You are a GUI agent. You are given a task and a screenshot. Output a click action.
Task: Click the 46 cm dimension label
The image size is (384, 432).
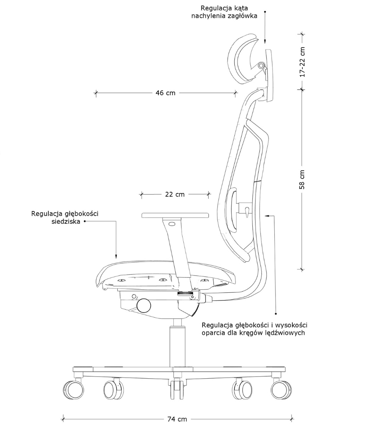pos(165,93)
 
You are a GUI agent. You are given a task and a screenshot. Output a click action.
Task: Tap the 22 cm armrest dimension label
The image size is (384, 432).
pos(175,195)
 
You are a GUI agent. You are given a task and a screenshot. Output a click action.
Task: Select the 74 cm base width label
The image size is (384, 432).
pos(177,419)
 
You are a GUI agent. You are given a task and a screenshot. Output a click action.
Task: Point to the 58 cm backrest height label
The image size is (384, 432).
pos(302,180)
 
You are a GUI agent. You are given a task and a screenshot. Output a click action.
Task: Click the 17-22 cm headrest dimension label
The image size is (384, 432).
pos(302,62)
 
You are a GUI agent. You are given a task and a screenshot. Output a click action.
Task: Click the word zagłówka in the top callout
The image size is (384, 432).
pos(243,16)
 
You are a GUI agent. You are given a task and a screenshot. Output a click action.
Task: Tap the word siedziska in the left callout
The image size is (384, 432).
pos(66,221)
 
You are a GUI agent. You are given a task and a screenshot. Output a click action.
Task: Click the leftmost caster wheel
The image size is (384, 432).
pos(73,390)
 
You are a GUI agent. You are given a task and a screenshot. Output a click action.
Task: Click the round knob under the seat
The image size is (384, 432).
pos(144,305)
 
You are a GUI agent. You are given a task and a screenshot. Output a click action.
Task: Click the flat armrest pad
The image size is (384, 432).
pos(175,215)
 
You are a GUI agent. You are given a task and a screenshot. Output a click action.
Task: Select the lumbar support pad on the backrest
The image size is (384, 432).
pos(233,209)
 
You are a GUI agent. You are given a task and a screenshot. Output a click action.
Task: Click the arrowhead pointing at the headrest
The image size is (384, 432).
pos(265,41)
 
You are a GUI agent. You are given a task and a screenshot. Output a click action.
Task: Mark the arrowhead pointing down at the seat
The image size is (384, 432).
pos(116,256)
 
